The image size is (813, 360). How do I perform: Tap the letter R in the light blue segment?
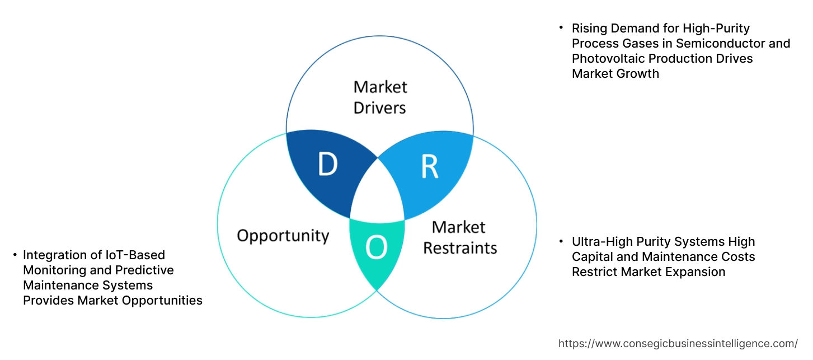[x=429, y=166]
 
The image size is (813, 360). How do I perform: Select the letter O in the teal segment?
[x=376, y=248]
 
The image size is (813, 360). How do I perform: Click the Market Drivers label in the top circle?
[x=380, y=97]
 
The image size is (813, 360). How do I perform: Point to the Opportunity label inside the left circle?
[x=283, y=235]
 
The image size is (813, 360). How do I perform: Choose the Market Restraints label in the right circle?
[x=460, y=237]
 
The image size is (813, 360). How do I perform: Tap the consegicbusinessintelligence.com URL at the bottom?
[x=678, y=344]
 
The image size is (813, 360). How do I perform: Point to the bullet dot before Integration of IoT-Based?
[x=15, y=255]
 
